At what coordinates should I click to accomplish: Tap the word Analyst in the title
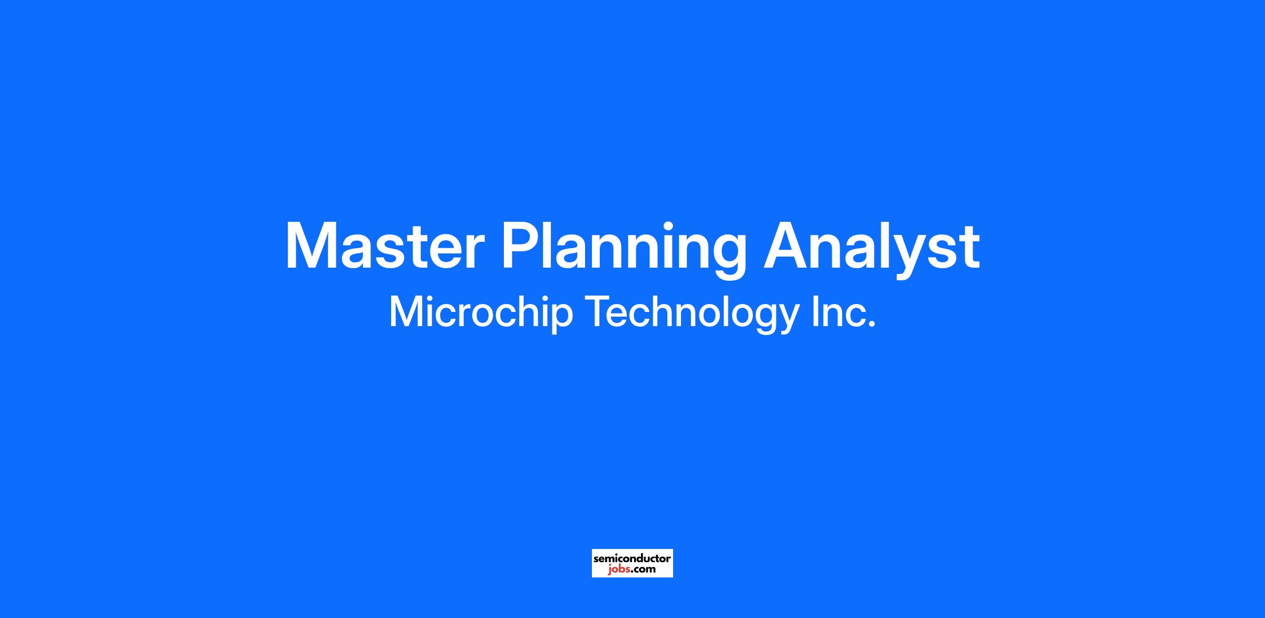pyautogui.click(x=872, y=249)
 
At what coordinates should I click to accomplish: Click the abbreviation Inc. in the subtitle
pyautogui.click(x=843, y=311)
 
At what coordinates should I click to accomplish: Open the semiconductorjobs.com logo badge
pyautogui.click(x=632, y=563)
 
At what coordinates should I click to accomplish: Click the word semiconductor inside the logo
pyautogui.click(x=632, y=558)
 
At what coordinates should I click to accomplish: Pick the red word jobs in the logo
pyautogui.click(x=618, y=569)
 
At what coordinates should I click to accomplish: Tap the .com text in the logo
pyautogui.click(x=643, y=569)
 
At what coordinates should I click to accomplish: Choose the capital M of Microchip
pyautogui.click(x=405, y=311)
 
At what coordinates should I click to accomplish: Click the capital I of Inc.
pyautogui.click(x=815, y=311)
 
